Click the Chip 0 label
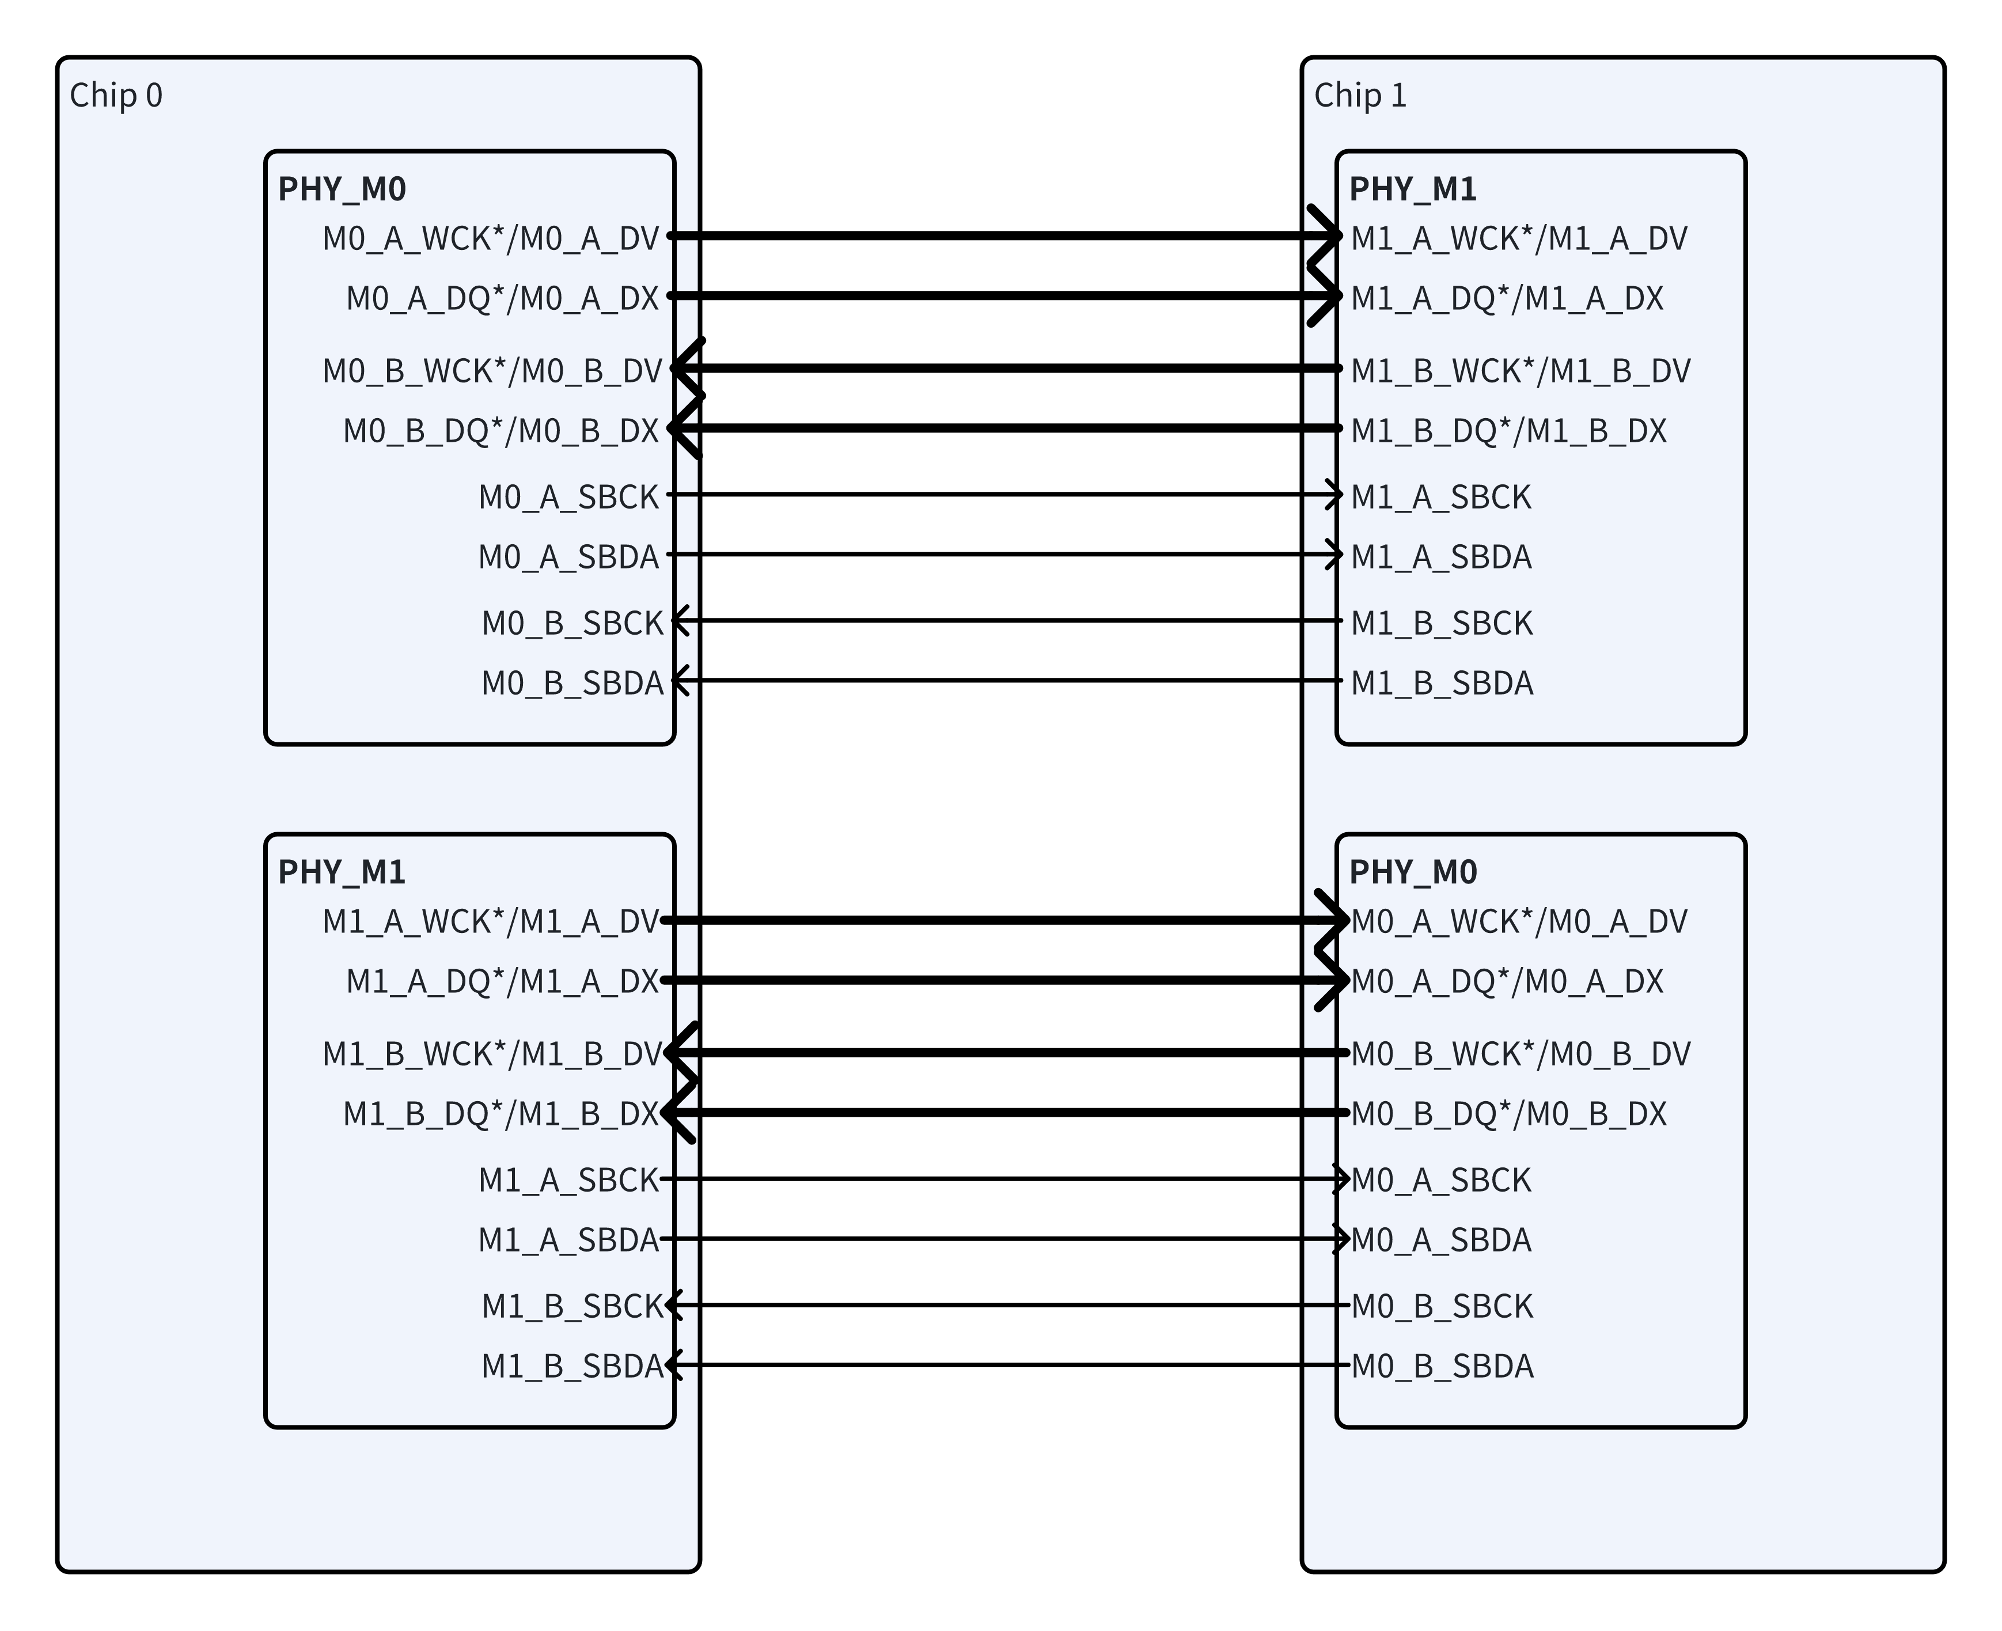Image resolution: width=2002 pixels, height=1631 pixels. point(116,96)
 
